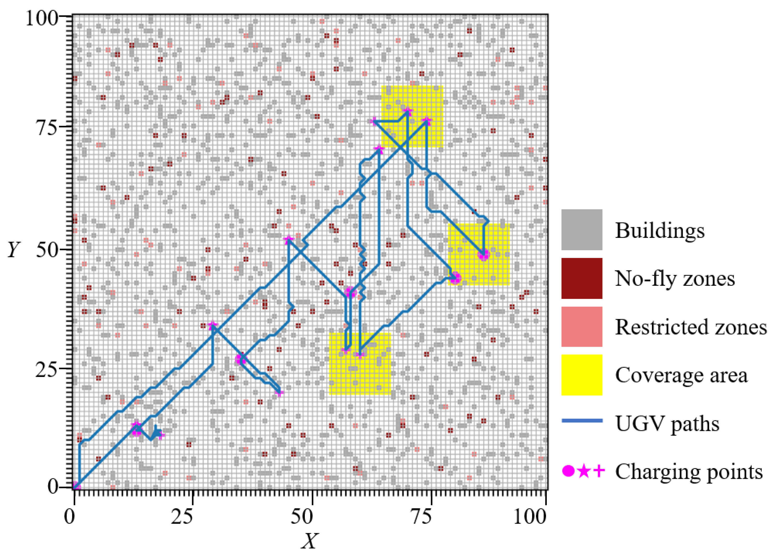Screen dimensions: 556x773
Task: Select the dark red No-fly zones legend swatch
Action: pos(581,278)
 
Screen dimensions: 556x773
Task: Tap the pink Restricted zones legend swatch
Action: pos(581,327)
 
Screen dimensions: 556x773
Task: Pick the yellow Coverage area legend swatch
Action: pos(581,375)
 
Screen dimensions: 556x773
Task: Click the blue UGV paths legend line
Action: pos(581,421)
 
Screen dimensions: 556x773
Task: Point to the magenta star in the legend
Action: pos(584,471)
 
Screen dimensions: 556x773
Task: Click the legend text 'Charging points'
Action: pos(689,472)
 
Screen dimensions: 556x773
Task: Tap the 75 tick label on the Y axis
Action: pos(46,128)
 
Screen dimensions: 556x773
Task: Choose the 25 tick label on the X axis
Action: pos(182,516)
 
